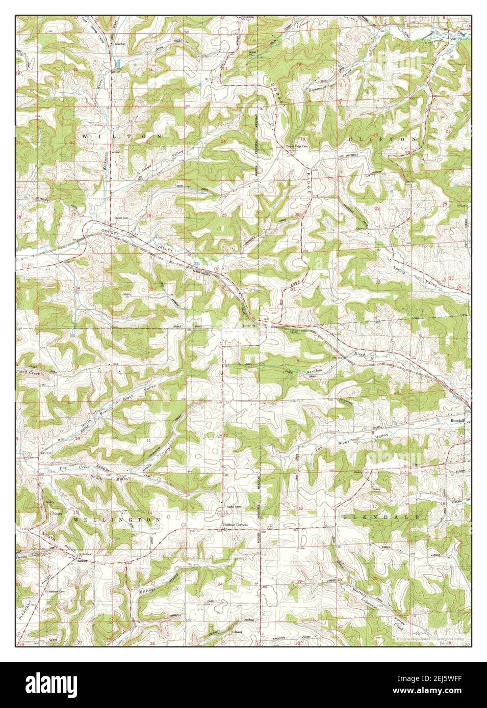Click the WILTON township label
coord(120,137)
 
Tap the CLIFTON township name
coord(382,139)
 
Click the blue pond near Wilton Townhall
coord(118,64)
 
